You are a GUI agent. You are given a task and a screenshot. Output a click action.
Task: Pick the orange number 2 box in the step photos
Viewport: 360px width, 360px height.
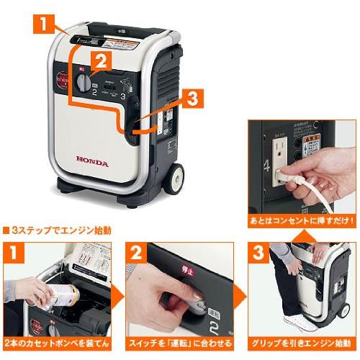pos(138,254)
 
